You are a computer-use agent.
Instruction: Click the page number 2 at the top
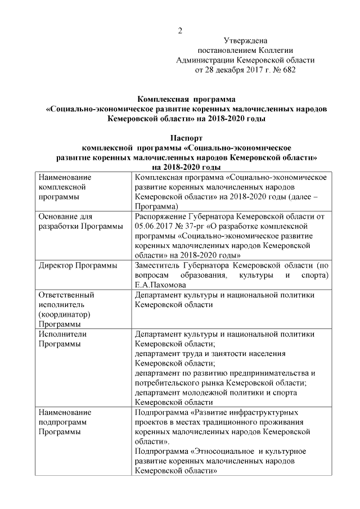point(180,30)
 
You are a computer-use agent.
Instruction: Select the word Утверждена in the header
point(246,40)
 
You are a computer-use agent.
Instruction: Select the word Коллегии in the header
point(277,51)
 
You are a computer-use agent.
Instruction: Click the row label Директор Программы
point(78,265)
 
